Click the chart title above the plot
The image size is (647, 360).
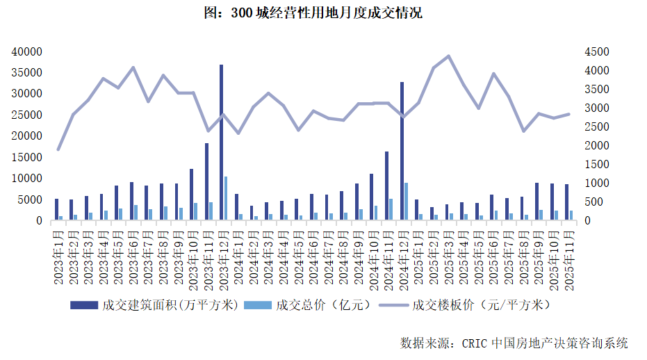323,13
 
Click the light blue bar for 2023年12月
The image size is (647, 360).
226,199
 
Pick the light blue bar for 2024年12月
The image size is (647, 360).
407,202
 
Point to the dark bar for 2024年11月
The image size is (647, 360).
386,186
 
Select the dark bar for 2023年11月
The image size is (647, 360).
206,181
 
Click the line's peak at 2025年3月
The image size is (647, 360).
448,56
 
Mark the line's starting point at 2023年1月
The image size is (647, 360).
58,149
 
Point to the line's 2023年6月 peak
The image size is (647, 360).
133,67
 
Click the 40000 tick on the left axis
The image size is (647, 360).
28,51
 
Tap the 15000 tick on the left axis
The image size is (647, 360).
28,158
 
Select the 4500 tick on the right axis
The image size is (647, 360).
596,51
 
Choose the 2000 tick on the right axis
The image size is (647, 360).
596,146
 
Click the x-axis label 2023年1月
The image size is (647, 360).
58,257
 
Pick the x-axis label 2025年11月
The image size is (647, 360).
568,257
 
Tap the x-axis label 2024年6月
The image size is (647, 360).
313,257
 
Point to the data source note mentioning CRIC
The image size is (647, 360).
514,343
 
